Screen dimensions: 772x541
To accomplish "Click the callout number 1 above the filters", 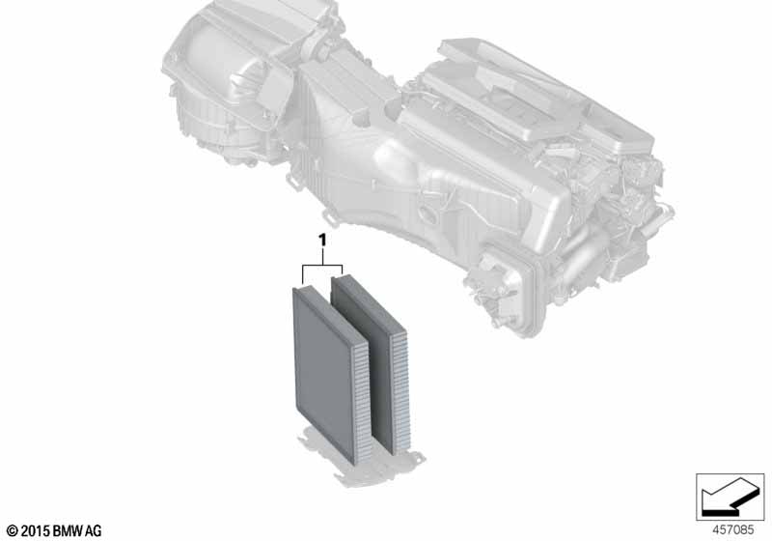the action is (x=322, y=241).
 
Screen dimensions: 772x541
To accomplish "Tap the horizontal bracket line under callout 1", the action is (x=322, y=265).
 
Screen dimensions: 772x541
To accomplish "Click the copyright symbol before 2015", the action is (x=13, y=531).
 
